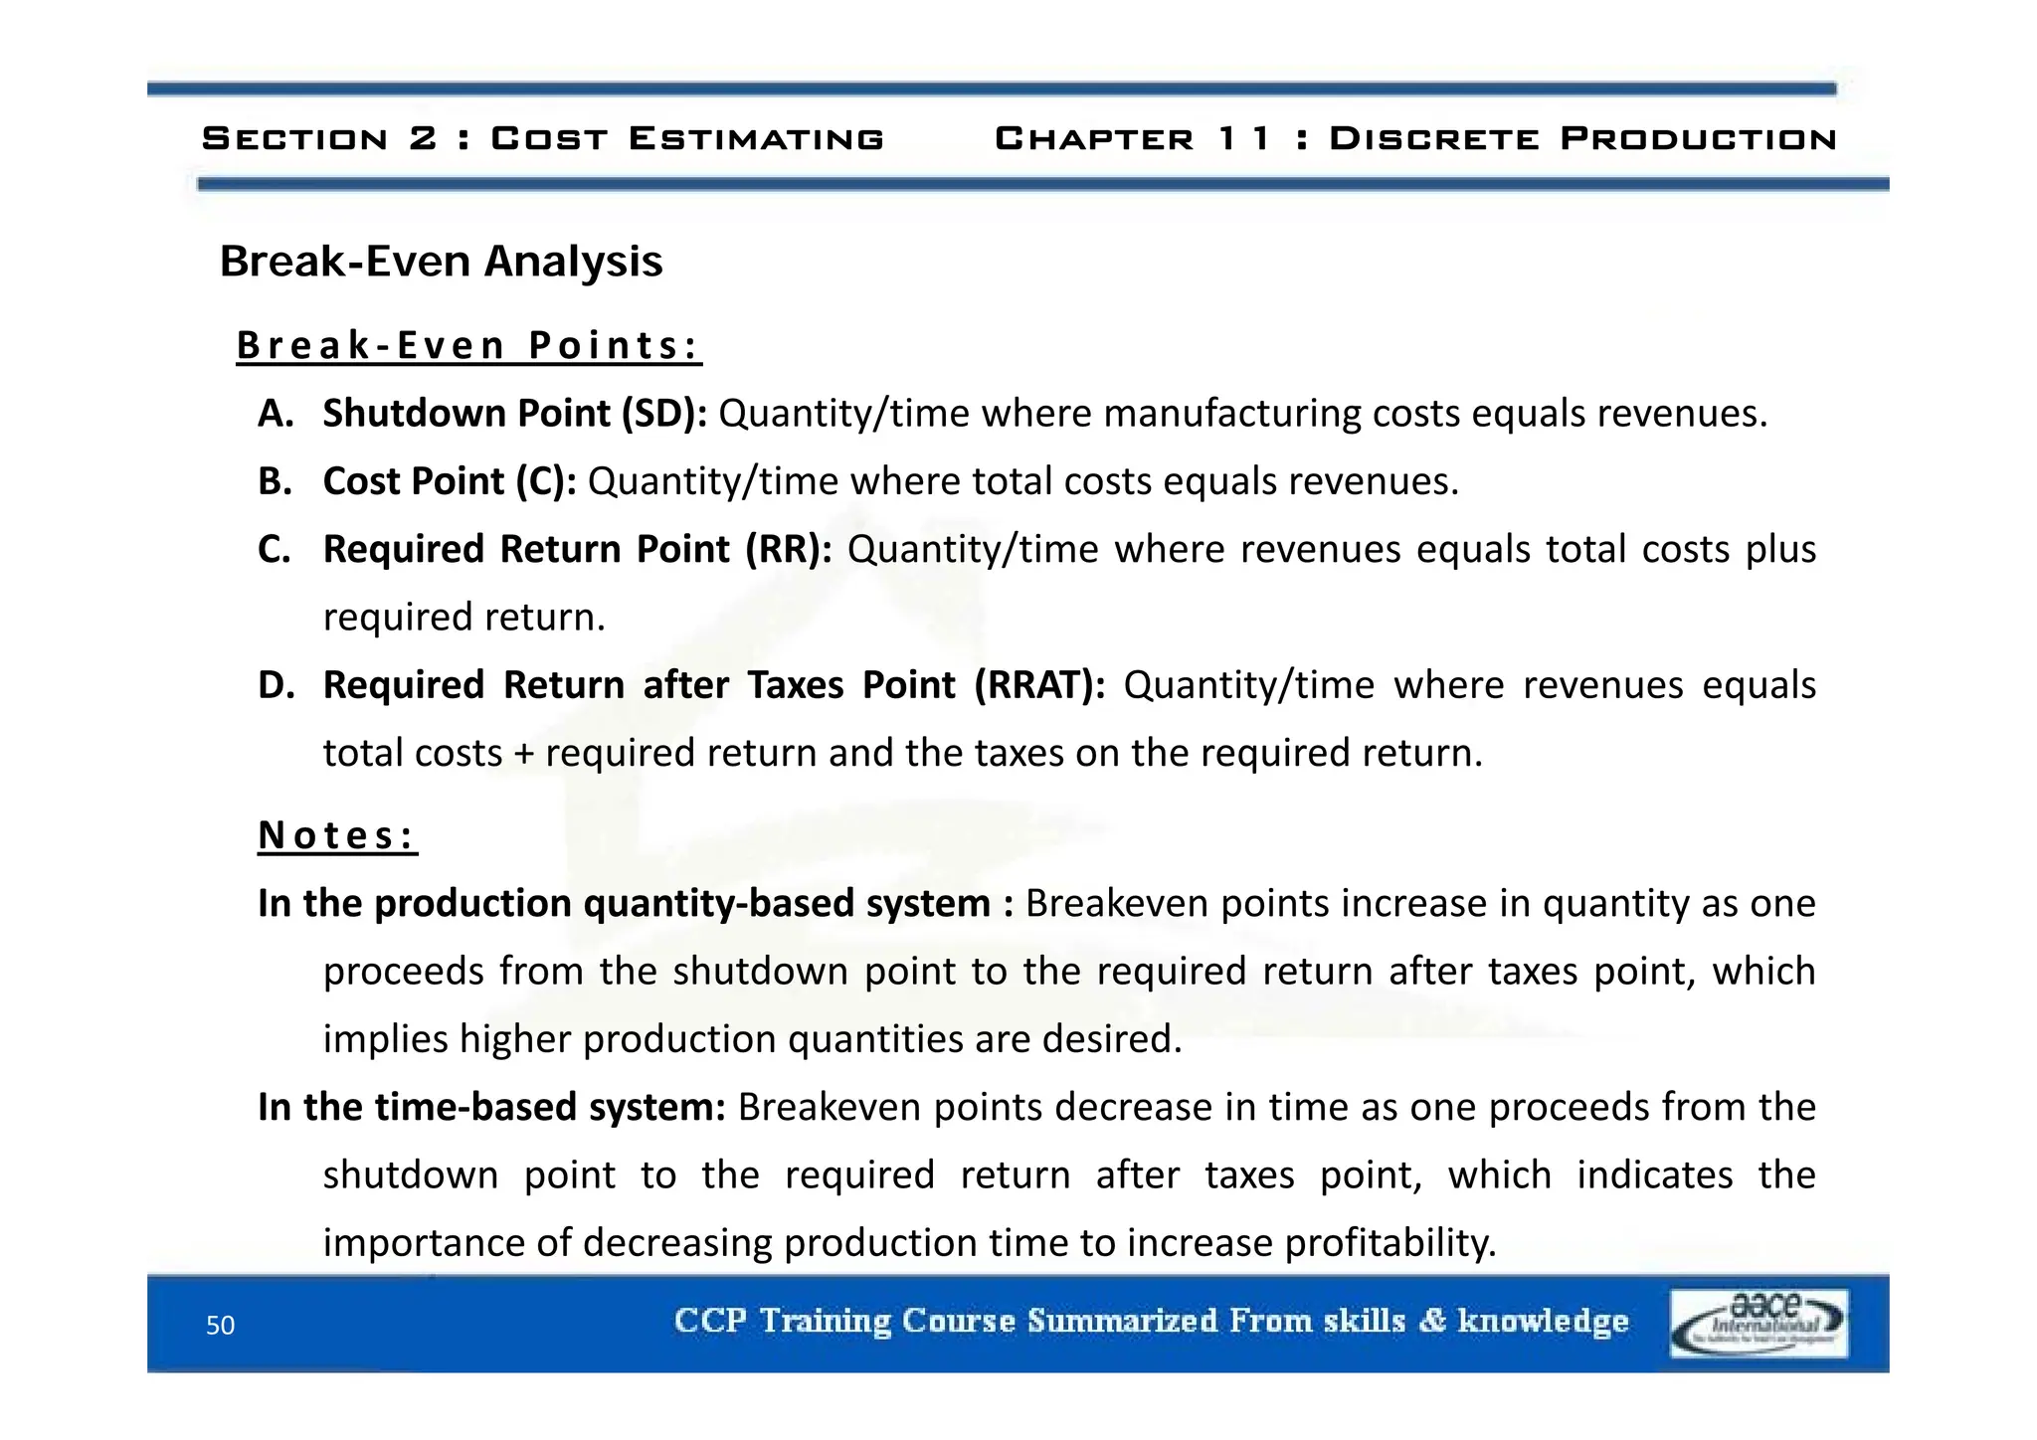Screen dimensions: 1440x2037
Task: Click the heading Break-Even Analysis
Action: click(441, 262)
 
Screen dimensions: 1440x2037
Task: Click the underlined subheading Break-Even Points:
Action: click(468, 346)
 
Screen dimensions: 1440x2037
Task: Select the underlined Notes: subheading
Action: click(337, 835)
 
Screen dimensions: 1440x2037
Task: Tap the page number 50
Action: click(220, 1325)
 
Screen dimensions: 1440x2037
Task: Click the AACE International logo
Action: click(1758, 1323)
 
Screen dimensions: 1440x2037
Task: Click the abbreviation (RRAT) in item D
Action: click(1038, 685)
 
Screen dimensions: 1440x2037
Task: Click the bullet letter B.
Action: click(275, 481)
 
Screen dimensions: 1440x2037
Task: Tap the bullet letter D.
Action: click(276, 685)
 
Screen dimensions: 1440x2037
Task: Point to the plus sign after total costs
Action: click(524, 754)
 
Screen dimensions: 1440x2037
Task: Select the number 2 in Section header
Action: click(422, 138)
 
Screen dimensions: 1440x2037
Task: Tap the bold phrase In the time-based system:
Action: click(491, 1107)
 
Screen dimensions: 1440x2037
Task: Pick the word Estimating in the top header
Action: click(756, 138)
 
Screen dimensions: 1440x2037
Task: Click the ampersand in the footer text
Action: click(1431, 1321)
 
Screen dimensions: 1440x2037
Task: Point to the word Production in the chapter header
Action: click(1698, 138)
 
